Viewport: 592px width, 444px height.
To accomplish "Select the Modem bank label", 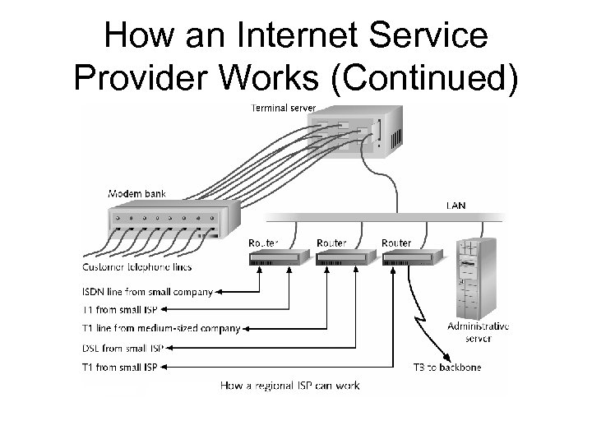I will [x=137, y=194].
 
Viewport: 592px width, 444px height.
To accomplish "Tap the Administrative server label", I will [x=479, y=331].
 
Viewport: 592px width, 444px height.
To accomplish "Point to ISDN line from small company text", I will [x=147, y=291].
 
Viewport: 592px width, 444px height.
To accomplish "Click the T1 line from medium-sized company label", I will [x=162, y=329].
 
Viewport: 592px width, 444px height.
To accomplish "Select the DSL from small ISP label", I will [x=123, y=348].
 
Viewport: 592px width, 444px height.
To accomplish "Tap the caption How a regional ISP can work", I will [x=290, y=385].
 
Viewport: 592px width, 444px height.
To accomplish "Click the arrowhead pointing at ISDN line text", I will [x=218, y=291].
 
